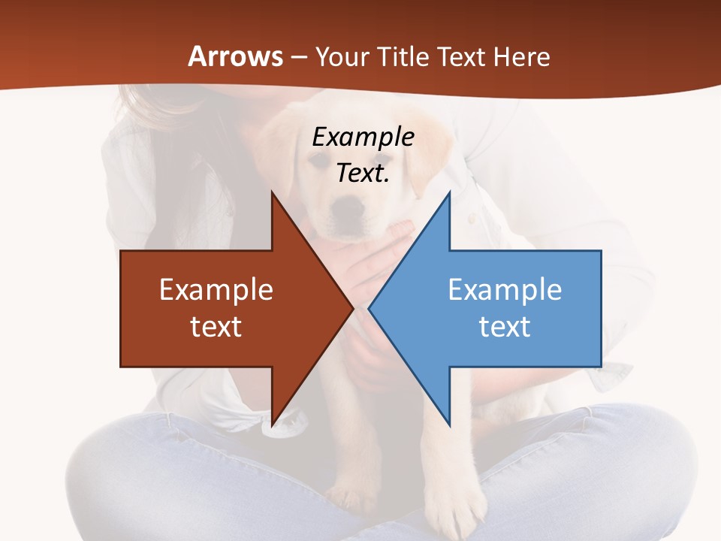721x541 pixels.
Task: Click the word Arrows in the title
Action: click(x=236, y=56)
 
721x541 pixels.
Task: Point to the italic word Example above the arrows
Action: click(x=363, y=137)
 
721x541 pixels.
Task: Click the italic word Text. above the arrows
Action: click(x=363, y=173)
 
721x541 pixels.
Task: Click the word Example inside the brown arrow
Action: click(x=216, y=289)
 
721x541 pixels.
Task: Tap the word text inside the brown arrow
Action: click(x=216, y=326)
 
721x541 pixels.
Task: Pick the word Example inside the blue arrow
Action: click(x=505, y=289)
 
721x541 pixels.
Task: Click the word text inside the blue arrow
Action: click(x=505, y=326)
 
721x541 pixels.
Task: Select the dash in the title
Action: click(x=299, y=57)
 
